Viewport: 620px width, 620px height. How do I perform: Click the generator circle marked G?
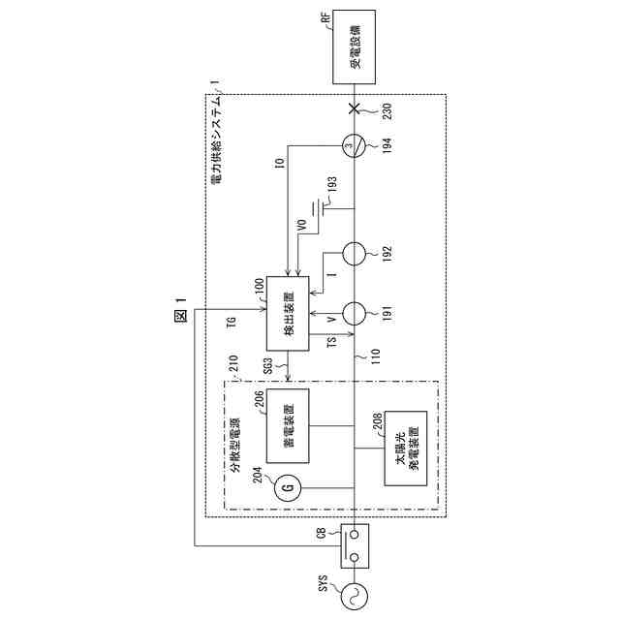286,486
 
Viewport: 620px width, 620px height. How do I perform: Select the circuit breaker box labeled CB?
355,545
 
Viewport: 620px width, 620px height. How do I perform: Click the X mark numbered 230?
355,108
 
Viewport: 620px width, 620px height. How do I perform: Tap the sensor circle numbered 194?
355,147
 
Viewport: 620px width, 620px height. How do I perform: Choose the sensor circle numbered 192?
355,254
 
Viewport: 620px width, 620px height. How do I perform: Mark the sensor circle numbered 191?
355,314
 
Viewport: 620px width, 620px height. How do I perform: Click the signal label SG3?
268,365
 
